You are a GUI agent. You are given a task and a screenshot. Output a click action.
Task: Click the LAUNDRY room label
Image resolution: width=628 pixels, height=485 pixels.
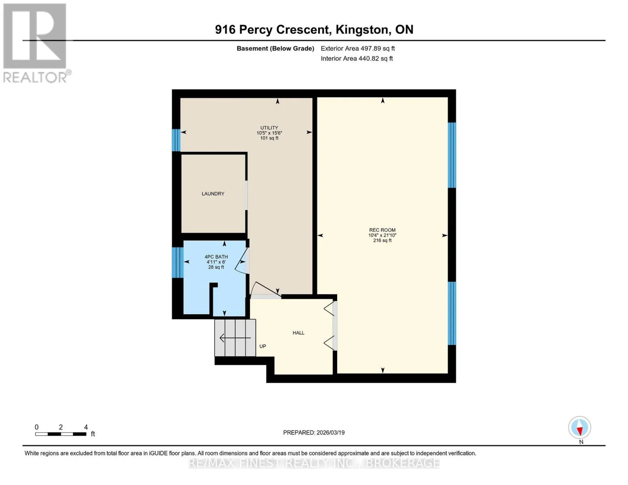213,194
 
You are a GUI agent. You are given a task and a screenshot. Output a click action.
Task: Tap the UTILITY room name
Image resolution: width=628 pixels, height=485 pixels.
269,128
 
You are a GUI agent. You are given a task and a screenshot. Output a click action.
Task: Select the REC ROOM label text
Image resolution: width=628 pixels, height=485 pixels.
382,230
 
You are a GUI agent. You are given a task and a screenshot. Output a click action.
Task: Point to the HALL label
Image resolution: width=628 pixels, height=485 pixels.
298,333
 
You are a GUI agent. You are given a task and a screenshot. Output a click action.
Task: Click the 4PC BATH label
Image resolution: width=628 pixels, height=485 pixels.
216,257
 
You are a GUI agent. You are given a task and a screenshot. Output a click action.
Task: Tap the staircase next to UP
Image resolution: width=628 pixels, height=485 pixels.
235,337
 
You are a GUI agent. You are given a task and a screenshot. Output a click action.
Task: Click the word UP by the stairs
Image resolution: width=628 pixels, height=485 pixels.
262,346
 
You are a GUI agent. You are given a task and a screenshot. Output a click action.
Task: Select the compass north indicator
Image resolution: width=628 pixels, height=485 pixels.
579,428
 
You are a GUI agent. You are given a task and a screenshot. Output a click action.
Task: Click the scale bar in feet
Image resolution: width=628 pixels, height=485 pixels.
61,434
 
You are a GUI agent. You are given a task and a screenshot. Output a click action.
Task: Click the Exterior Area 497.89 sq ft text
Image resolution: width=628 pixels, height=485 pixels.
357,48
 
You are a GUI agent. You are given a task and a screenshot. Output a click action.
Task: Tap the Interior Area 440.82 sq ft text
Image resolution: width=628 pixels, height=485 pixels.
357,58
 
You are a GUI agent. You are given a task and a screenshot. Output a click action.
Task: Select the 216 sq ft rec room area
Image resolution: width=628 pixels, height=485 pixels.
382,240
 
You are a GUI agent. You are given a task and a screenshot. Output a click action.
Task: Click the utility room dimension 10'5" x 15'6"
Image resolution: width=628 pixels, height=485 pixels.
269,133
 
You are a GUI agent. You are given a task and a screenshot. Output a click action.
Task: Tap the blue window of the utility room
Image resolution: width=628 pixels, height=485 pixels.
176,140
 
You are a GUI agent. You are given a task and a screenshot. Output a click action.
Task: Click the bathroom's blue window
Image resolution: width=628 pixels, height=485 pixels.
178,262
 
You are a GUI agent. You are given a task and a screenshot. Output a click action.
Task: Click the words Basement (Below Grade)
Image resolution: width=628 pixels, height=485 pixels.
275,48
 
